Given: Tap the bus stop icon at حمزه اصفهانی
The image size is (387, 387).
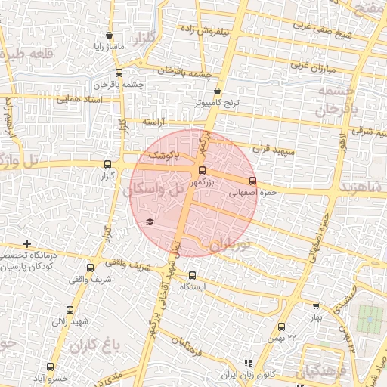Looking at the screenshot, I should coord(252,181).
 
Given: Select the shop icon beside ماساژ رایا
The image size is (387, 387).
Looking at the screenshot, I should coord(110,35).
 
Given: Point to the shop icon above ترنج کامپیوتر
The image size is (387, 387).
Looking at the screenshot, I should coord(218,91).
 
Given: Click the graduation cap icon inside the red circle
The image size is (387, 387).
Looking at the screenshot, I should coord(149,221).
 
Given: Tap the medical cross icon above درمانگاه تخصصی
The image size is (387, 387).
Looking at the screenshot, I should coord(27,243).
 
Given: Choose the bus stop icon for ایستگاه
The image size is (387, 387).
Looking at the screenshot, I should coord(192,274).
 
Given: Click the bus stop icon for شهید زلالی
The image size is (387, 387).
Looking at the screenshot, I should coord(70,310).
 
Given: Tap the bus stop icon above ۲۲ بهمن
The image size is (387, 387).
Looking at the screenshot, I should coord(281,327).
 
